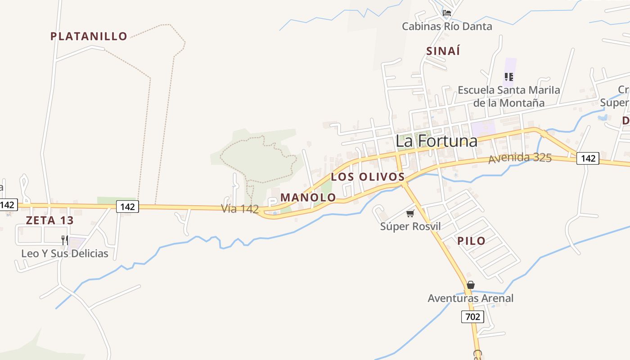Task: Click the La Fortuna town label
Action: [436, 141]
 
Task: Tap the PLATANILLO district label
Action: [89, 36]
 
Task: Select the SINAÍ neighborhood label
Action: [443, 51]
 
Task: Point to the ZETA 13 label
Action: [49, 220]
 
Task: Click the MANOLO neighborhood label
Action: [308, 198]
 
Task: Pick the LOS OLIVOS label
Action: [368, 177]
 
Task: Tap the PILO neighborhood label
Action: [472, 241]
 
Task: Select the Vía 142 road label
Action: [240, 209]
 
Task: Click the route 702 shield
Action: [472, 317]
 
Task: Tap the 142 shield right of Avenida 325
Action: [588, 158]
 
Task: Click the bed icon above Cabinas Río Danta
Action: [447, 13]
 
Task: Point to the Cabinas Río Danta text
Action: [447, 26]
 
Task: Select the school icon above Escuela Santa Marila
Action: [509, 77]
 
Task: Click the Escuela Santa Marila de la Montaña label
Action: [509, 96]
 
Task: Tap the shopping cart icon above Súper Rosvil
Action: [410, 213]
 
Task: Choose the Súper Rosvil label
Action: [410, 226]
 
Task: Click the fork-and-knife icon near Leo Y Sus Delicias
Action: [65, 240]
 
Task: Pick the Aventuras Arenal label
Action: [470, 298]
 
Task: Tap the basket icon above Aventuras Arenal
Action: [471, 285]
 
